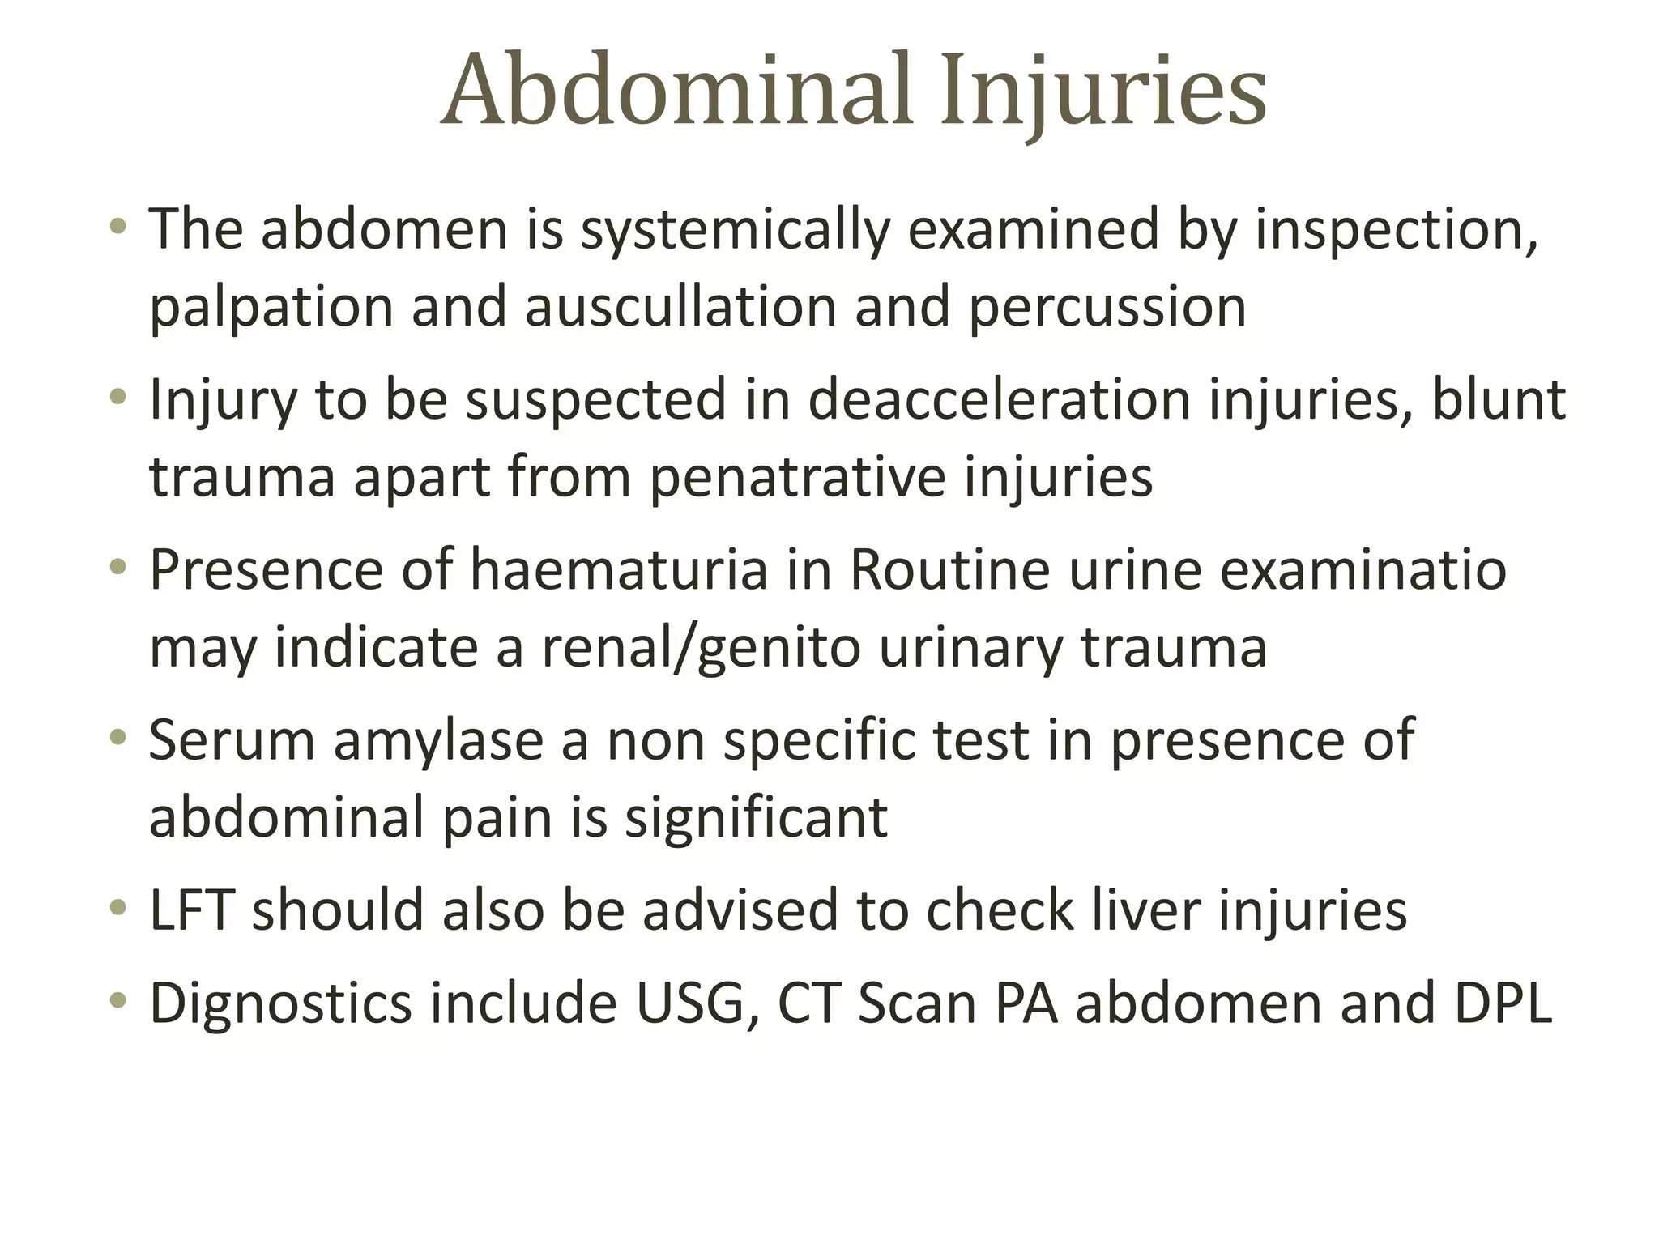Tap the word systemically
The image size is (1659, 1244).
736,231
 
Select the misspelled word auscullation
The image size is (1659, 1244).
680,307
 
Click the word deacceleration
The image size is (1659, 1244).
999,399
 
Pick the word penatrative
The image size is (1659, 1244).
797,478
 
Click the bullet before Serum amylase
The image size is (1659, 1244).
118,738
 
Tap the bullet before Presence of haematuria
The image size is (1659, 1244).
118,568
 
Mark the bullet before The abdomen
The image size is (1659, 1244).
118,227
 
